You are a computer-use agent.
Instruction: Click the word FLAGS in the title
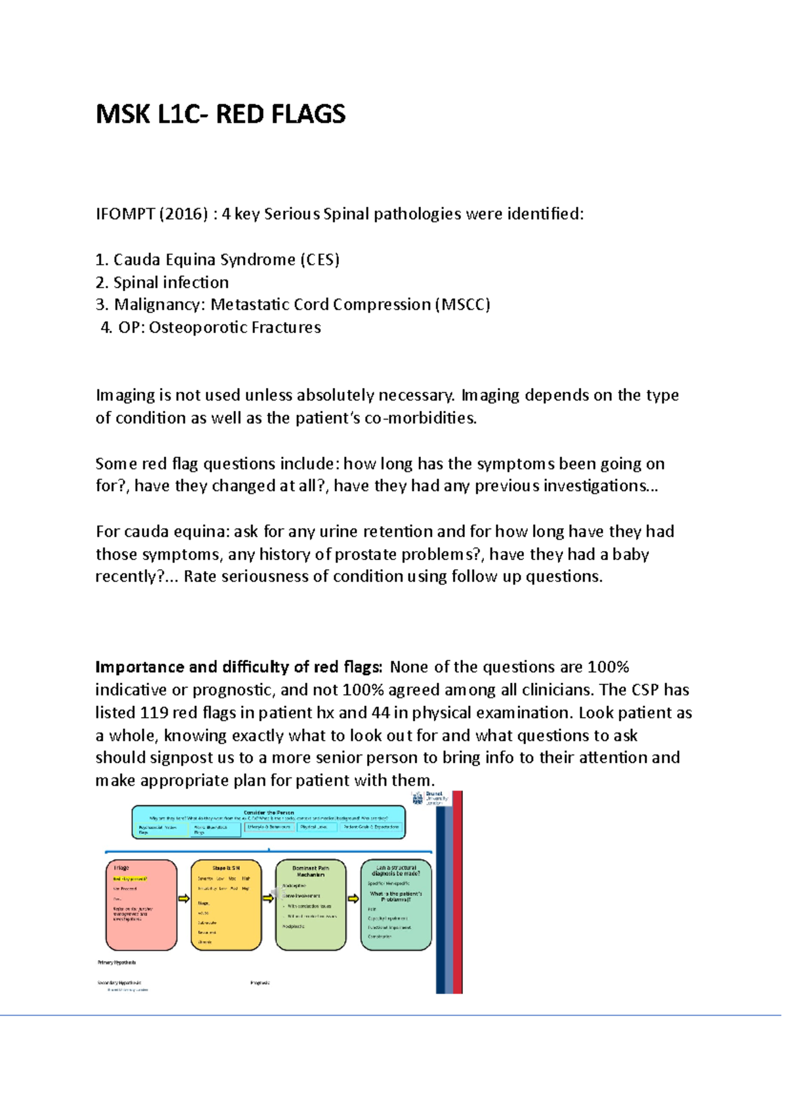308,115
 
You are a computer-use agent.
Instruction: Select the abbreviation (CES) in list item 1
320,260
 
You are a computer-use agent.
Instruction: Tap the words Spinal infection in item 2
171,282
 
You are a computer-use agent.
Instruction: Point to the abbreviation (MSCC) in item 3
462,305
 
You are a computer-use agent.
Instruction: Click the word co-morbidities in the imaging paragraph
420,418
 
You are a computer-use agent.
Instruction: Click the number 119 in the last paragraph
153,712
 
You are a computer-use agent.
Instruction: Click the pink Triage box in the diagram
141,905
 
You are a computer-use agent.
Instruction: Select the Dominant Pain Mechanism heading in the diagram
311,871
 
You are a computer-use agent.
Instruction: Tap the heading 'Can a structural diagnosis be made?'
396,870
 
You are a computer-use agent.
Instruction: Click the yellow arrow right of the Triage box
184,898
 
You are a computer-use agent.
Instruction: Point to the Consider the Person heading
269,812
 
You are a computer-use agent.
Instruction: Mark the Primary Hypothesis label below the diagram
117,963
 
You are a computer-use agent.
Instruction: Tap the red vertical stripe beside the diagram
458,893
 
